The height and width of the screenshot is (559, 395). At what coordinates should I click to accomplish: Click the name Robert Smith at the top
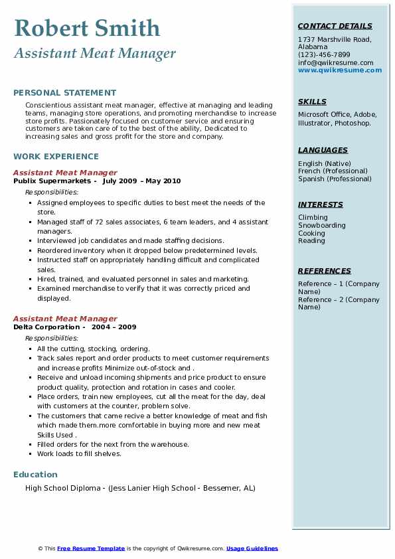pos(87,28)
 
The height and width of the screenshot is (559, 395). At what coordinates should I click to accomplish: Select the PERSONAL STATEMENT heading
pos(64,93)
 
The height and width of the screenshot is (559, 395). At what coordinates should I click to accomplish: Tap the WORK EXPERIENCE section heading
pos(56,157)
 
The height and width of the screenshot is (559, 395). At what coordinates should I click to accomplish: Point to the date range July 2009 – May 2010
pos(141,181)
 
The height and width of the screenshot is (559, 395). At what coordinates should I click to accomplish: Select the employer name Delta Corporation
pos(46,327)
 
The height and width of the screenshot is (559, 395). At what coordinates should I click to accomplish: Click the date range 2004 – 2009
pos(114,327)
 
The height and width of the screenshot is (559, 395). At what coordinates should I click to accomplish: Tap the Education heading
pos(35,474)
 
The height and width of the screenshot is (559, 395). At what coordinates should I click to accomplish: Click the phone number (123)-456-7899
pos(324,54)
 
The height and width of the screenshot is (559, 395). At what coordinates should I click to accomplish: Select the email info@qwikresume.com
pos(335,62)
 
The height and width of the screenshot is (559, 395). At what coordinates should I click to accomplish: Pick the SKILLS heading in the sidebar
pos(312,102)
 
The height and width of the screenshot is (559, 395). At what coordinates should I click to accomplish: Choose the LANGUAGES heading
pos(323,150)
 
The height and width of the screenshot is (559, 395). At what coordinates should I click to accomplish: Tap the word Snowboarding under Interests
pos(321,225)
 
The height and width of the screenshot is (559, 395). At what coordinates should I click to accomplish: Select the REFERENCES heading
pos(325,271)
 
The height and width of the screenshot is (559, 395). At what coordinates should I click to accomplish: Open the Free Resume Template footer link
pos(91,548)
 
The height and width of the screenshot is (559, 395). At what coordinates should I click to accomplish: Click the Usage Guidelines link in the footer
pos(252,548)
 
